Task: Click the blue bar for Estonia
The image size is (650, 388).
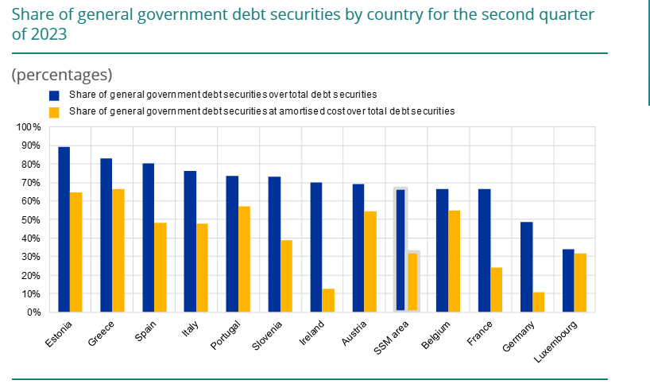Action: point(64,229)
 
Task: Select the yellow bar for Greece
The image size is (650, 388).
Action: point(118,250)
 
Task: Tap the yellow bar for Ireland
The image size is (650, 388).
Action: point(328,301)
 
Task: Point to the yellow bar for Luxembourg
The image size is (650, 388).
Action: point(581,283)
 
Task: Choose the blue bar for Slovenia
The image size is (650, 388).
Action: point(274,244)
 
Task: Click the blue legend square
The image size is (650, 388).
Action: point(54,95)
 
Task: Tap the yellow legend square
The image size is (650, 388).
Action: point(54,112)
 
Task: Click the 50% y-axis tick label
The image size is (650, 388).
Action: point(30,219)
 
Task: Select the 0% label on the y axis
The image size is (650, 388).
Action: point(33,312)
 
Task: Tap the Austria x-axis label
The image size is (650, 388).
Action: point(354,332)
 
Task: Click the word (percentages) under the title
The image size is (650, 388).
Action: point(62,75)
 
